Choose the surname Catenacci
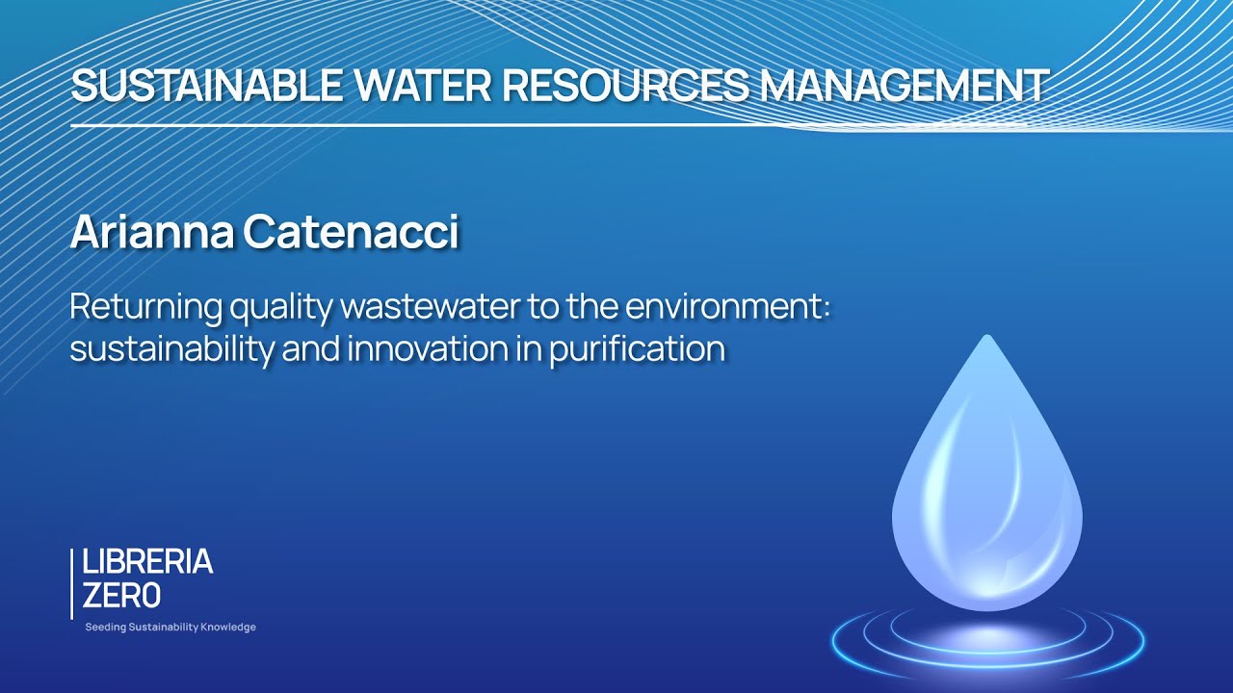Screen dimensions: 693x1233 [352, 233]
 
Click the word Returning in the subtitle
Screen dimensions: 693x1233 [144, 308]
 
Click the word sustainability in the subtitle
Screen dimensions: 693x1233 [171, 348]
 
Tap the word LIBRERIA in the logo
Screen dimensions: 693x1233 [147, 563]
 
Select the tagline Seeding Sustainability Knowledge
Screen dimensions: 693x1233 [171, 628]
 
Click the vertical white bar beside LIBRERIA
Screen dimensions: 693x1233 [72, 583]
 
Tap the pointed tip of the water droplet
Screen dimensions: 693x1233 [986, 338]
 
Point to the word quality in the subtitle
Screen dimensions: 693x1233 [281, 310]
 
